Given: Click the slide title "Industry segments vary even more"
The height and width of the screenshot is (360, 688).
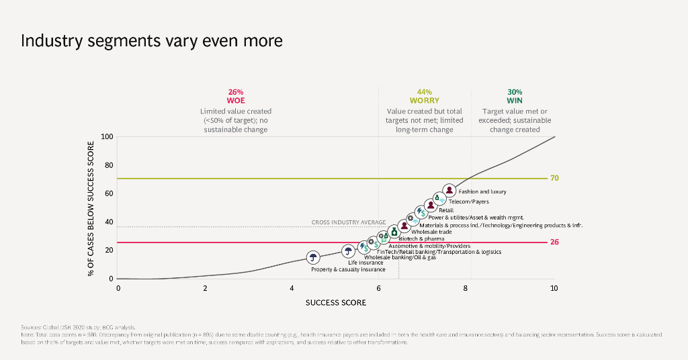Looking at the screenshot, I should [x=151, y=41].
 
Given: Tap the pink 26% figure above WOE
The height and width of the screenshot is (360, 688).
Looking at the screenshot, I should [x=236, y=92].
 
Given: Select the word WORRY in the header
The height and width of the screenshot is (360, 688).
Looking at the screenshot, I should [x=425, y=101].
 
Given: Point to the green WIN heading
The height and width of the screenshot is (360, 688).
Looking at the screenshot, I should [x=515, y=101].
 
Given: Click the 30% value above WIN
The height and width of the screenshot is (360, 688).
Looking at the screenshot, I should [x=515, y=92].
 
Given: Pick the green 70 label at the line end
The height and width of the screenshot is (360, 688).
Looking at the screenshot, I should [x=555, y=179].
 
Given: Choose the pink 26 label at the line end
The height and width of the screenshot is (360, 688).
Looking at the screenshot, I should [x=555, y=242].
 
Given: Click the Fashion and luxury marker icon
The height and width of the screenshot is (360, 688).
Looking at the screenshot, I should [x=449, y=191].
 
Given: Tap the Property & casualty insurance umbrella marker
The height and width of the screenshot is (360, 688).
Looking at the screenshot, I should [x=313, y=257].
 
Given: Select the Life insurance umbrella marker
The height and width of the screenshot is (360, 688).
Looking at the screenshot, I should [x=348, y=252].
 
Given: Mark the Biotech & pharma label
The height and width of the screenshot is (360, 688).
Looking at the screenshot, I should [x=422, y=239].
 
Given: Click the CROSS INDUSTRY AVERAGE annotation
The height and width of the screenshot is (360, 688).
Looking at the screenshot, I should [x=348, y=222].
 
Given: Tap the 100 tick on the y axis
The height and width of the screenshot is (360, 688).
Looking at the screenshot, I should [x=107, y=137].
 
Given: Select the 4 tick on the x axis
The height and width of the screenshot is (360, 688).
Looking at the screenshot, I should [x=292, y=288].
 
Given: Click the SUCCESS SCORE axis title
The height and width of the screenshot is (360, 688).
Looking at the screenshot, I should [x=336, y=303].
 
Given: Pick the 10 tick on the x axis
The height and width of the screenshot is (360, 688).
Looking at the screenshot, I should [x=554, y=288].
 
